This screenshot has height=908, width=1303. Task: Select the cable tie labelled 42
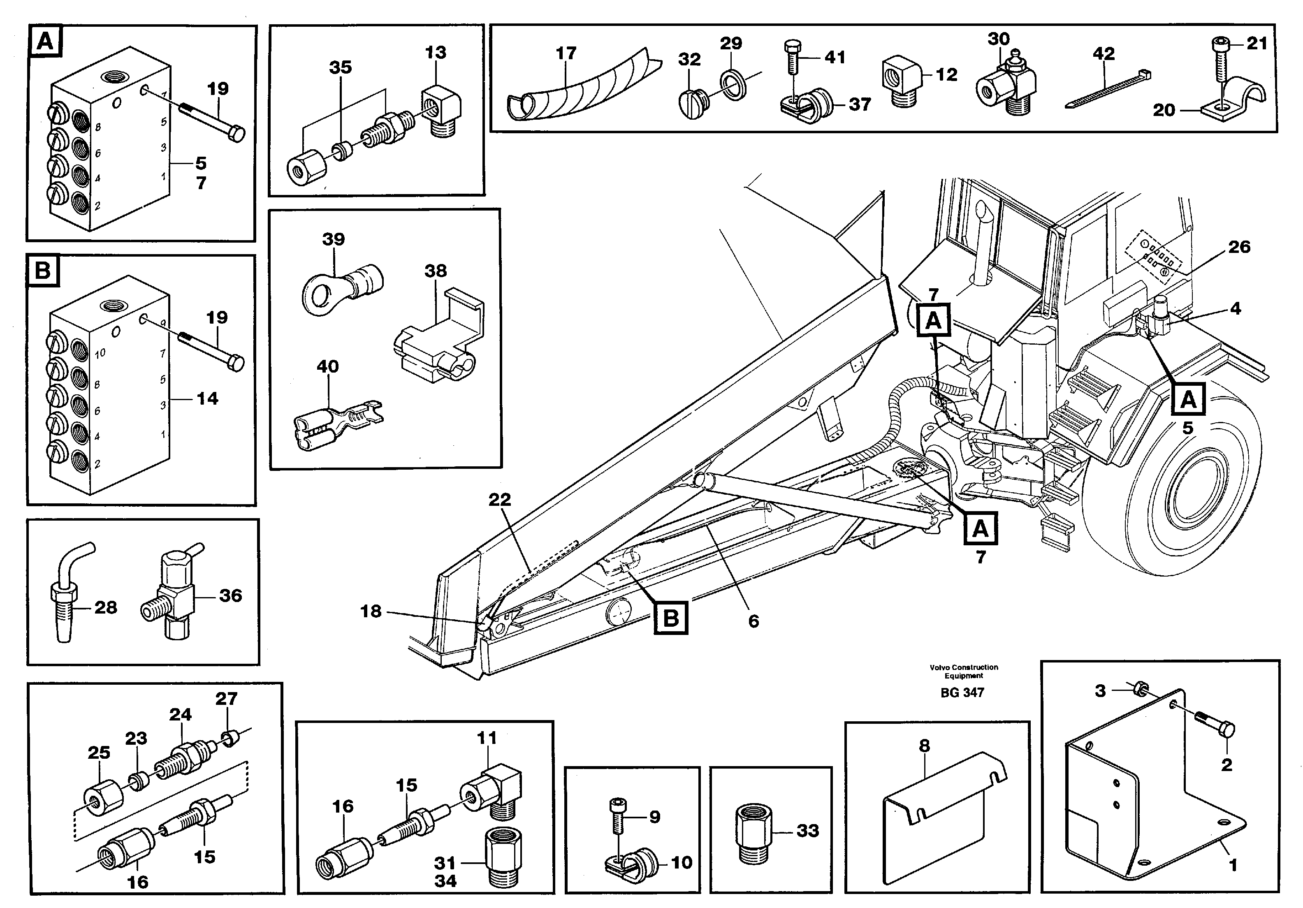(x=1108, y=90)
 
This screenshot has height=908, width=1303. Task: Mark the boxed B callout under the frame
(x=671, y=617)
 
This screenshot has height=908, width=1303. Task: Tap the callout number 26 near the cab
(x=1239, y=247)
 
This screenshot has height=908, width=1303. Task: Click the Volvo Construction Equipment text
(x=964, y=672)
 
